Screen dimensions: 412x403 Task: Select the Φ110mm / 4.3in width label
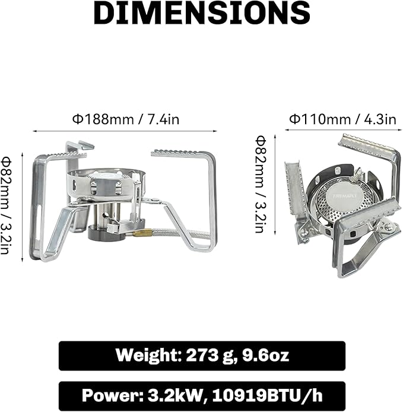pyautogui.click(x=342, y=119)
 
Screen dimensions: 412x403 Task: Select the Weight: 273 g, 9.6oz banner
pyautogui.click(x=201, y=355)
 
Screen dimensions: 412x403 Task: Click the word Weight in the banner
pyautogui.click(x=145, y=355)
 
